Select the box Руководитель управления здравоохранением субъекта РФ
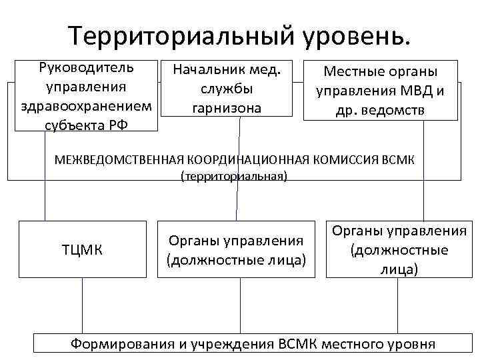tap(86, 96)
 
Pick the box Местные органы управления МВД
tap(381, 90)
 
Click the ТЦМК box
tap(82, 249)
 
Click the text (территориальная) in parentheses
tap(234, 177)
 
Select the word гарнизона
tap(227, 107)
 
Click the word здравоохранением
tap(87, 106)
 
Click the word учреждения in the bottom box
tap(233, 344)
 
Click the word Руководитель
tap(86, 68)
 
